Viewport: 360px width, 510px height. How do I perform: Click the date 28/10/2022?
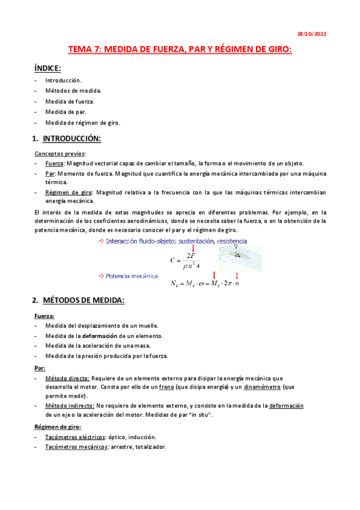click(x=313, y=34)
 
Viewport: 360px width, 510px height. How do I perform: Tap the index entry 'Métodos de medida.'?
click(x=73, y=90)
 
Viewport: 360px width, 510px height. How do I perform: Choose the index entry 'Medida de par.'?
click(x=67, y=112)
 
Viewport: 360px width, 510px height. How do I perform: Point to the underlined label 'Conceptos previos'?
click(x=59, y=154)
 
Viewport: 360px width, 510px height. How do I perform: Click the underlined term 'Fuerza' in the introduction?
click(x=55, y=164)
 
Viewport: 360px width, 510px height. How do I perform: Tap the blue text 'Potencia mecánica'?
click(x=132, y=276)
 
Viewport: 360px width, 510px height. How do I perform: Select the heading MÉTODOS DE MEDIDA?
click(x=84, y=300)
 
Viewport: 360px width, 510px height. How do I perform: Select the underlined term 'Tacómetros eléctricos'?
click(x=72, y=437)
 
